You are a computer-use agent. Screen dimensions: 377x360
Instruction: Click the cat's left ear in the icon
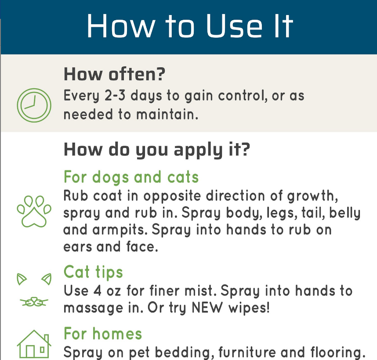coord(22,279)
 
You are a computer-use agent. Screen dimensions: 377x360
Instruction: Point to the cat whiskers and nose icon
coord(34,302)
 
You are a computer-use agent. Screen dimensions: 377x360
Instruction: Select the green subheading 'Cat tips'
coord(93,272)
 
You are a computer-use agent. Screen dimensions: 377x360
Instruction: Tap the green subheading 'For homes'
coord(103,334)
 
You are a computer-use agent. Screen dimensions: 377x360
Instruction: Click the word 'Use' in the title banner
coord(235,26)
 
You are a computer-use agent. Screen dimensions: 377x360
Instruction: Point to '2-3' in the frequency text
coord(115,95)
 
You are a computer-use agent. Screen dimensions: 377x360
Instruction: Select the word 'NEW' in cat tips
coord(207,308)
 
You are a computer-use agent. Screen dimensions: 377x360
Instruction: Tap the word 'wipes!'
coord(249,308)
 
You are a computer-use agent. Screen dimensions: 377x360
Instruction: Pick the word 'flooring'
coord(338,352)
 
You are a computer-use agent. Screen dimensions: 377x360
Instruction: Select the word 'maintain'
coord(167,114)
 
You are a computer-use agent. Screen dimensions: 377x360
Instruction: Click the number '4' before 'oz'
coord(98,291)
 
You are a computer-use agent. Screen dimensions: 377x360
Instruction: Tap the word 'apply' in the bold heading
coord(198,150)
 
